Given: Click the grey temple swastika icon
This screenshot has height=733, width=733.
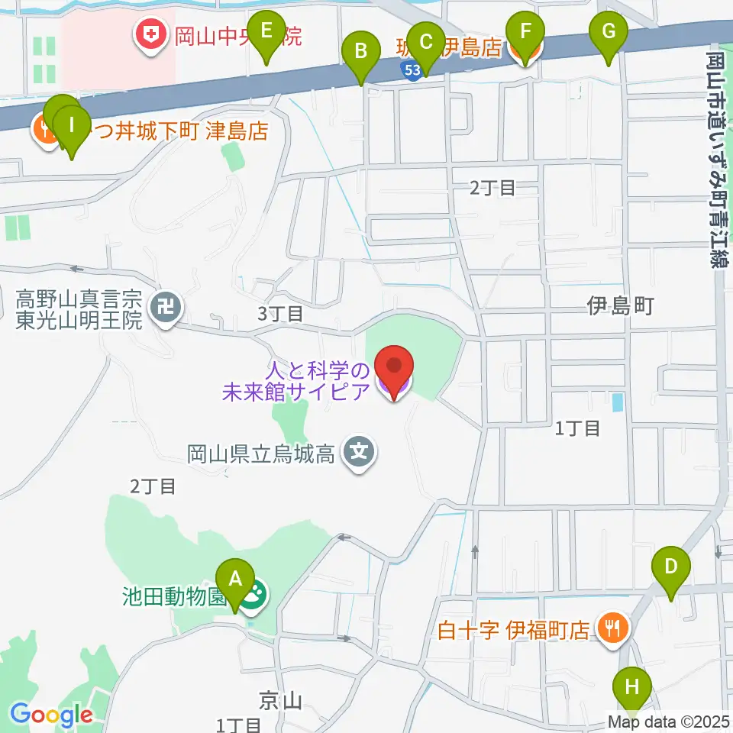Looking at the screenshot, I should click(165, 308).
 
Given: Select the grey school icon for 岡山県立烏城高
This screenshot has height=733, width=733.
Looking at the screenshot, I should click(359, 453).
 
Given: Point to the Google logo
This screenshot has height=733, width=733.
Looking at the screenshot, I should click(51, 715).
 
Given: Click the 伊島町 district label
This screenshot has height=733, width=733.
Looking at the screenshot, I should click(620, 307).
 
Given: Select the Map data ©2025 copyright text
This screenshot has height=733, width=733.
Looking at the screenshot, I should click(669, 720).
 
